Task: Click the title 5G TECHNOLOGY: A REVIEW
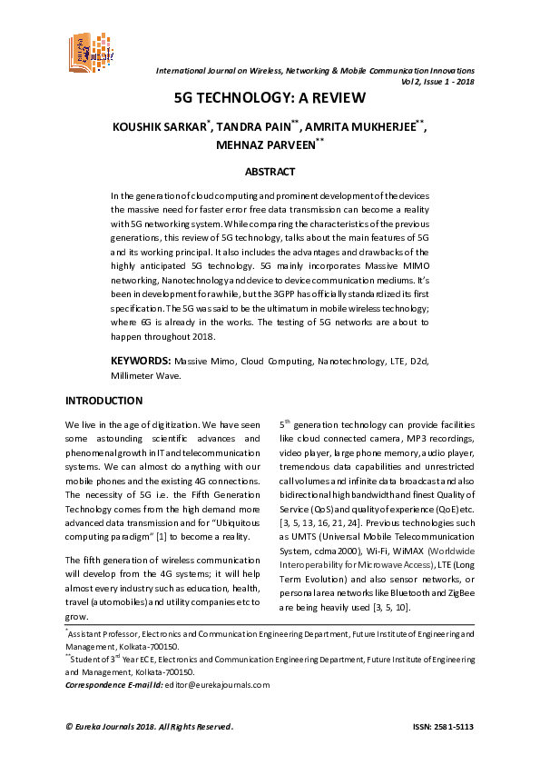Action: [270, 98]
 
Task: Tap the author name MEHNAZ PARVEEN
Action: [267, 145]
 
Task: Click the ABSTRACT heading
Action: [270, 171]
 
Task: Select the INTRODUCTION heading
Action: [103, 401]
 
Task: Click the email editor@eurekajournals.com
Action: [217, 685]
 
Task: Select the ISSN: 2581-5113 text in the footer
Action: [443, 727]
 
